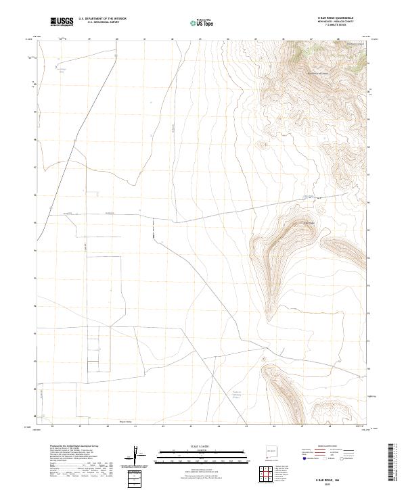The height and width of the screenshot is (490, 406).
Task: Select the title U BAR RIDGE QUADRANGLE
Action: [x=335, y=18]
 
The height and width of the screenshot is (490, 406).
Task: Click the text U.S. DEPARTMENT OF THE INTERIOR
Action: [x=102, y=19]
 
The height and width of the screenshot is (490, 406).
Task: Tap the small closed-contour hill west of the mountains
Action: [x=263, y=144]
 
